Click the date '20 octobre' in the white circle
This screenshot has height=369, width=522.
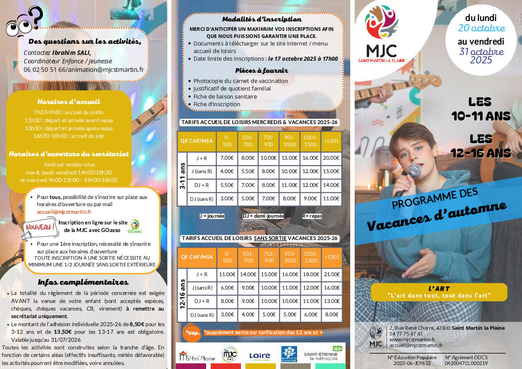pos(481,28)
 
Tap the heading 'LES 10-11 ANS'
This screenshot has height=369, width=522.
pos(481,109)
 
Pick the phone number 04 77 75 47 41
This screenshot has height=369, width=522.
pos(406,334)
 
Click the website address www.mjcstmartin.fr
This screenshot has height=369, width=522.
pos(412,340)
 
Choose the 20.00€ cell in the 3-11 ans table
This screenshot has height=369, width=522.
pos(331,158)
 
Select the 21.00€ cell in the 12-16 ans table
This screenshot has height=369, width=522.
pos(331,274)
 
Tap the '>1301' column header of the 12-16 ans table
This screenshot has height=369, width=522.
pos(331,257)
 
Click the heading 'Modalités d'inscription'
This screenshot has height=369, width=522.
pos(262,19)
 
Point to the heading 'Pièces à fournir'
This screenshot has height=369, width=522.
pos(262,70)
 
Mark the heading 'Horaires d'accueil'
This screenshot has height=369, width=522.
pos(69,101)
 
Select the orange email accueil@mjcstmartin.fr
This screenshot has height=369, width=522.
pos(64,212)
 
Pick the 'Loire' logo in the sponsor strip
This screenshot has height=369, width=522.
pos(259,356)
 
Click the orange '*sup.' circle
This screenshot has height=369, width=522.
pos(192,332)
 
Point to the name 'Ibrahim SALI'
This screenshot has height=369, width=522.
pos(71,52)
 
